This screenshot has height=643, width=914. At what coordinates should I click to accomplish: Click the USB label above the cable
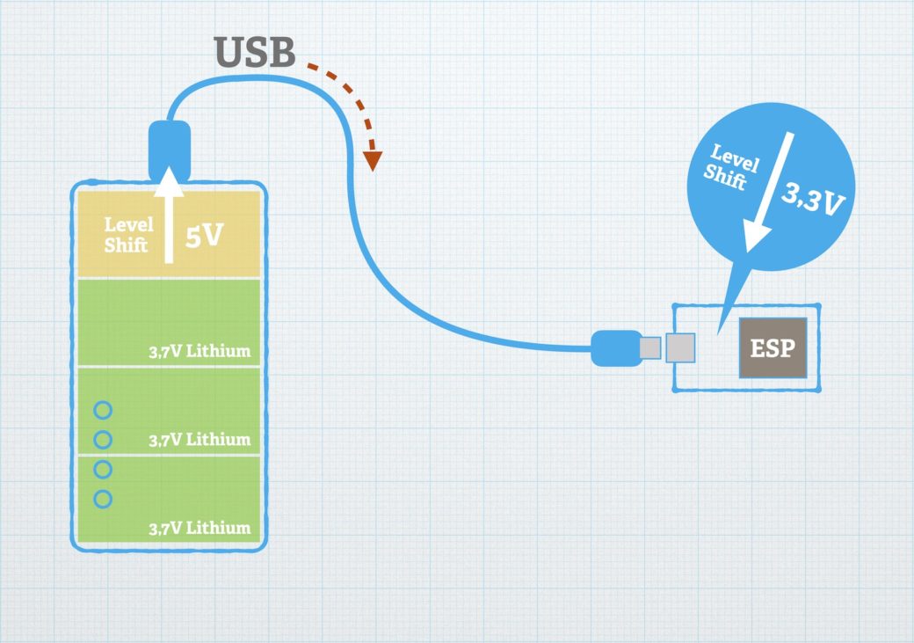tap(255, 54)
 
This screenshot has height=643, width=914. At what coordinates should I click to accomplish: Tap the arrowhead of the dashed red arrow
tap(373, 160)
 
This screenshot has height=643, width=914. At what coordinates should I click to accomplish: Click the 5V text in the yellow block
tap(204, 236)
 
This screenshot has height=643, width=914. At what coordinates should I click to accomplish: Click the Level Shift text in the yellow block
tap(129, 236)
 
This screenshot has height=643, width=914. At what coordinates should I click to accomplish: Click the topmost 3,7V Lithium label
tap(199, 351)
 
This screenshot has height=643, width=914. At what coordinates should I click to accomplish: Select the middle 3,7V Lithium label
tap(199, 439)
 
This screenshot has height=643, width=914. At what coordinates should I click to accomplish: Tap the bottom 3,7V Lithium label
tap(199, 529)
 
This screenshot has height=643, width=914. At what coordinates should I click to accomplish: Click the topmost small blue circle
tap(103, 410)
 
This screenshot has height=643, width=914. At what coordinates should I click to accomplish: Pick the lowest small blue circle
tap(103, 499)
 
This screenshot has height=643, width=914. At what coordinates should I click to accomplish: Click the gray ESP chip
tap(772, 348)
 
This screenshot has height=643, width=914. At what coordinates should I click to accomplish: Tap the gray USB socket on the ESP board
tap(681, 348)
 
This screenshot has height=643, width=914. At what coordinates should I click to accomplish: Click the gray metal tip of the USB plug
tap(649, 348)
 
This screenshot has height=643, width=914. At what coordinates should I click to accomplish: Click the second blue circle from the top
tap(103, 439)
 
